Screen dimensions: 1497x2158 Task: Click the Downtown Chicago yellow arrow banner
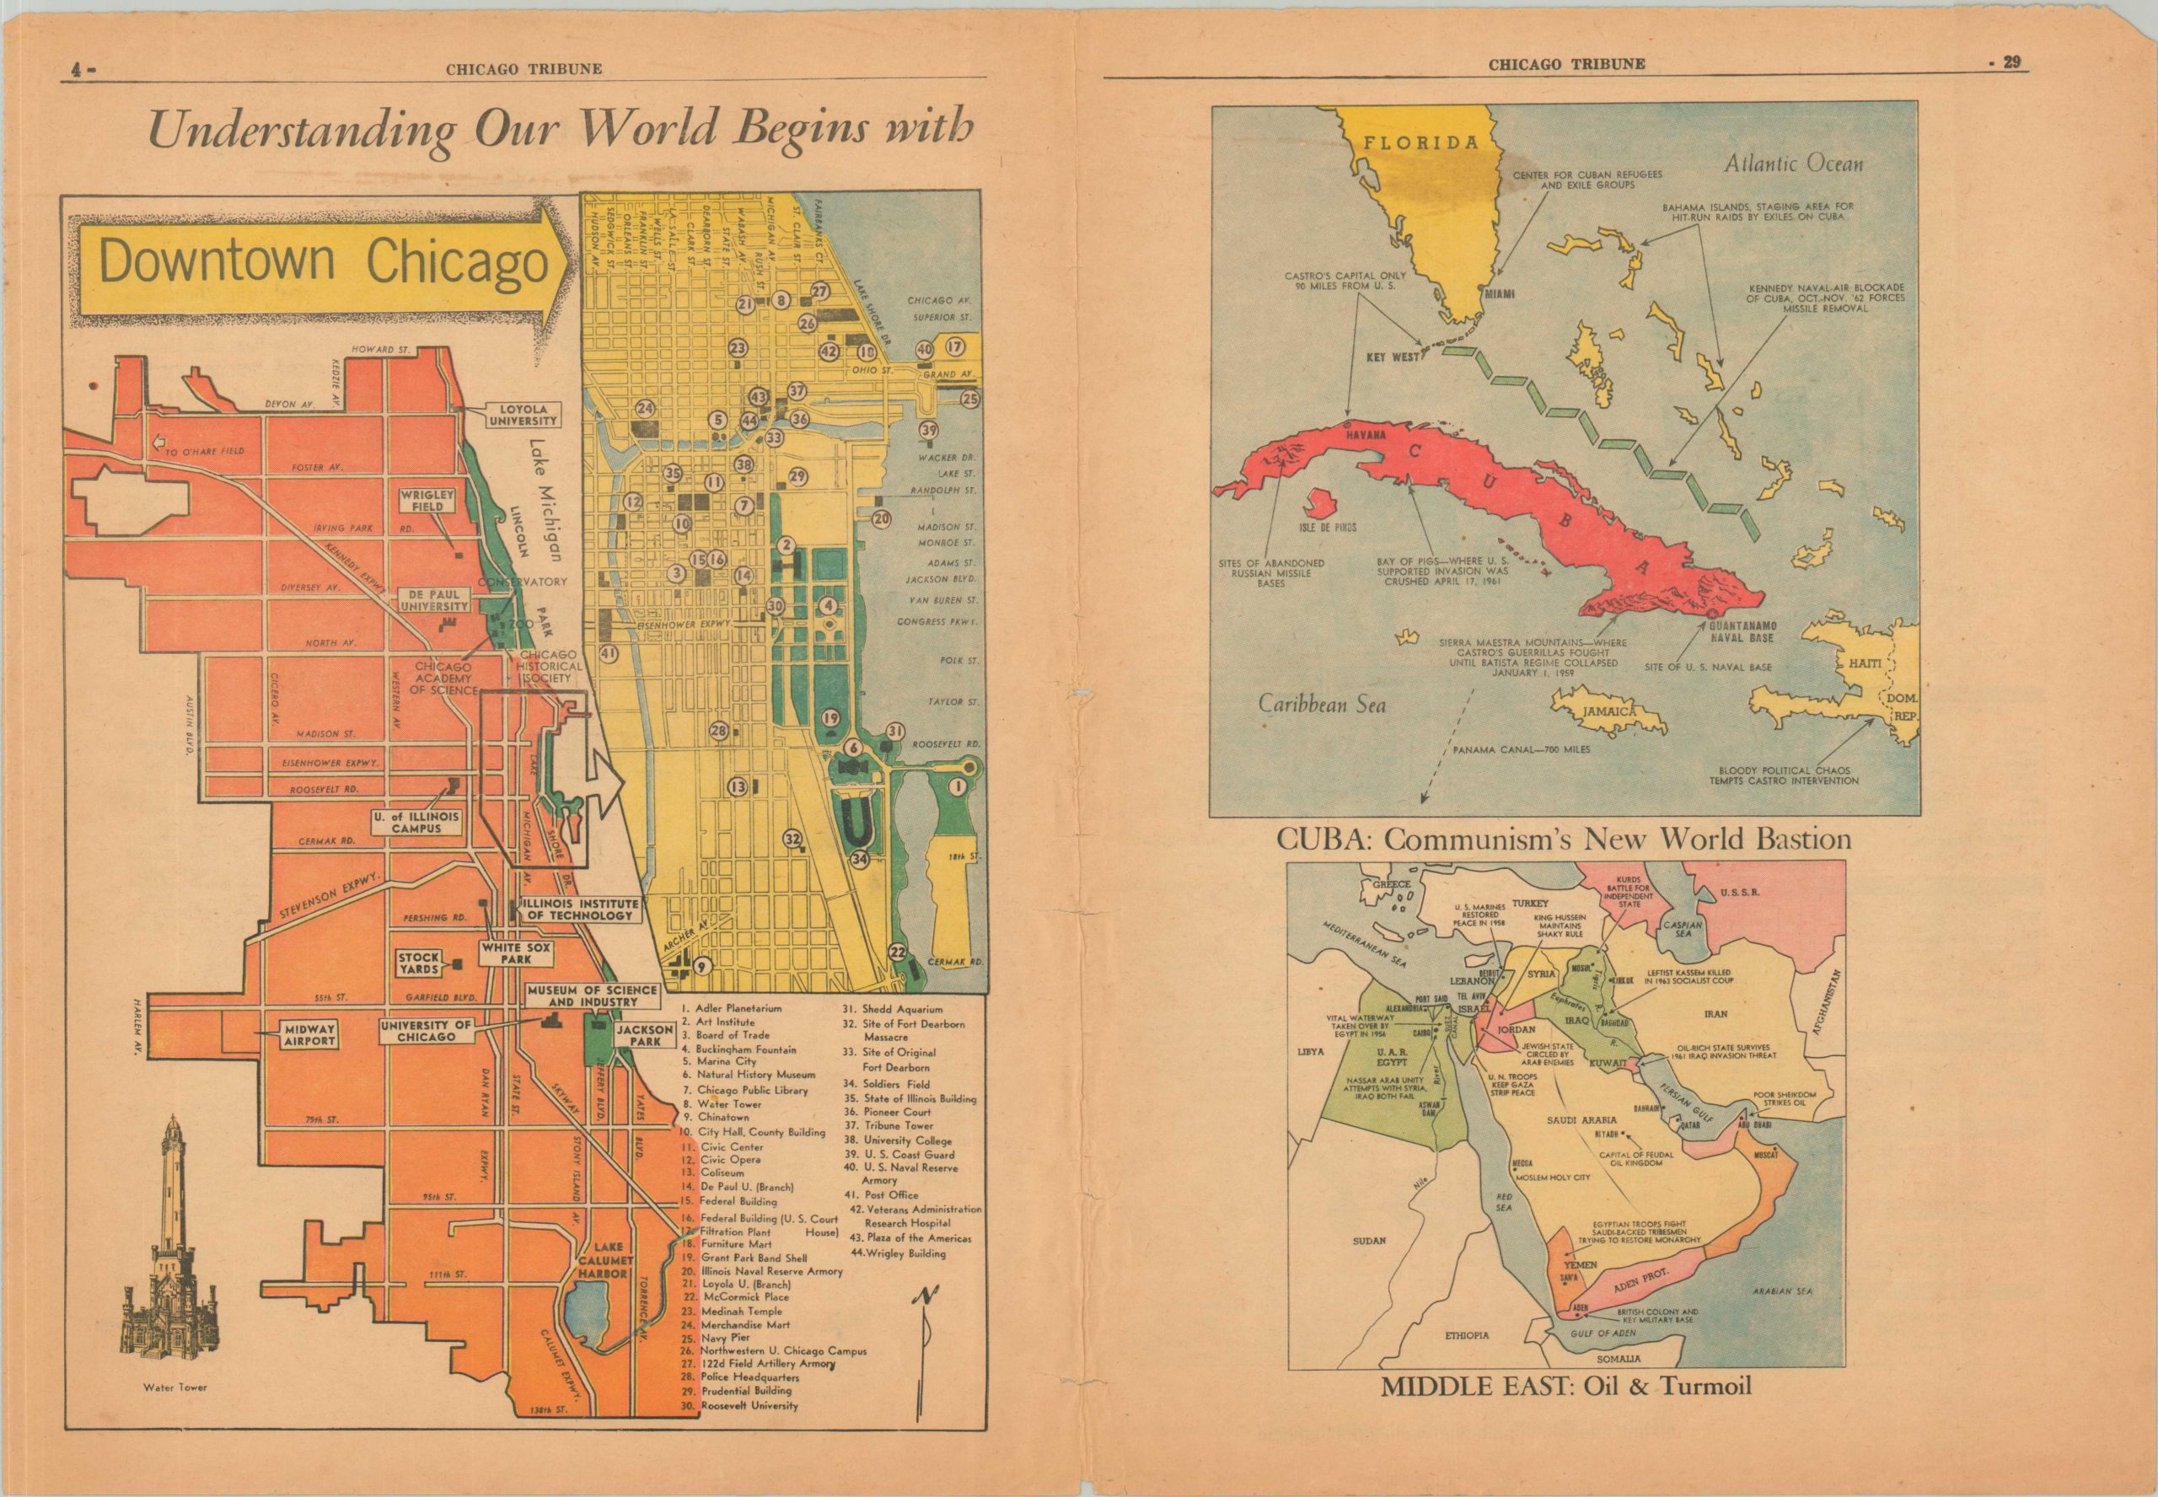coord(324,265)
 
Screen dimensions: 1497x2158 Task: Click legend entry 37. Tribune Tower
coord(899,1125)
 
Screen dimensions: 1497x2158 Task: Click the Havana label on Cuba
coord(1366,436)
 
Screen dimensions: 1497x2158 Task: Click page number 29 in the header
coord(2010,63)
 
